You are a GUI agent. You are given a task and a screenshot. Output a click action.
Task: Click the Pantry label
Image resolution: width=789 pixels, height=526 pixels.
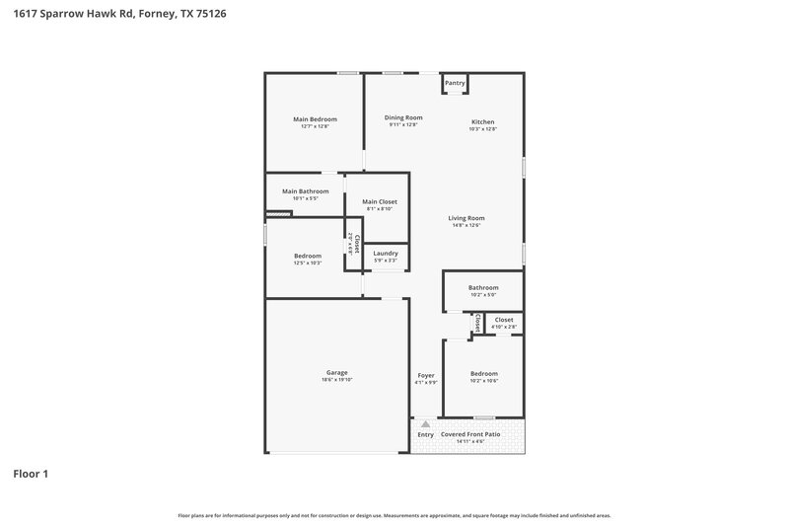click(455, 84)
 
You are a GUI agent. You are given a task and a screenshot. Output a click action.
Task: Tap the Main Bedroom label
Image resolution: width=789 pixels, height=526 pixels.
click(315, 119)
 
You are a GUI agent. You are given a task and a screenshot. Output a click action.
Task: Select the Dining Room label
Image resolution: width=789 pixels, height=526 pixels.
click(403, 117)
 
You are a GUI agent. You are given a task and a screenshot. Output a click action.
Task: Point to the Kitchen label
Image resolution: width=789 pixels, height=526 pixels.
click(482, 122)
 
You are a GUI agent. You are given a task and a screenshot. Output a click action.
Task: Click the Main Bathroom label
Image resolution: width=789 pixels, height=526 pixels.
click(305, 191)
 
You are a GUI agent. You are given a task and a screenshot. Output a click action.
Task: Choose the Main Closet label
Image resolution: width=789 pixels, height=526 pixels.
click(380, 201)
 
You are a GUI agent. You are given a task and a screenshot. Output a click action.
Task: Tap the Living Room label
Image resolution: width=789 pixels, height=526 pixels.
click(466, 218)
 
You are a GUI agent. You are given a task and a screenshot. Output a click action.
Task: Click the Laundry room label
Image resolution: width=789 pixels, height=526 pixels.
click(386, 254)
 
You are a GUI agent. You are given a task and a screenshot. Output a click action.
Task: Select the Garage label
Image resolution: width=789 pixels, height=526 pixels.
click(336, 373)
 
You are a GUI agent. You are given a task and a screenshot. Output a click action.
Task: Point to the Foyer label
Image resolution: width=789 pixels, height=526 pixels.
click(426, 375)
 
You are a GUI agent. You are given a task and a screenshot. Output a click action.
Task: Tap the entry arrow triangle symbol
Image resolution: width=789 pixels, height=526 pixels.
click(426, 423)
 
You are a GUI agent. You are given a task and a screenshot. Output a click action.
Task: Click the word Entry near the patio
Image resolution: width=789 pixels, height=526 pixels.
click(426, 435)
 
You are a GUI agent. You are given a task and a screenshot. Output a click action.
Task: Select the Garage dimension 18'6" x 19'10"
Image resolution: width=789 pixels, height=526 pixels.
click(336, 380)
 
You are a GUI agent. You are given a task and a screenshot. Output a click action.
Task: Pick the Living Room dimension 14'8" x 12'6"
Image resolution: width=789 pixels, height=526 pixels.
click(466, 225)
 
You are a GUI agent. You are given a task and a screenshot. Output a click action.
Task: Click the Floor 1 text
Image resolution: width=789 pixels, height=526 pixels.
click(31, 474)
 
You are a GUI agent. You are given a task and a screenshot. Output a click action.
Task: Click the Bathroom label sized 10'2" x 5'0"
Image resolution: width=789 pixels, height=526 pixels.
click(483, 288)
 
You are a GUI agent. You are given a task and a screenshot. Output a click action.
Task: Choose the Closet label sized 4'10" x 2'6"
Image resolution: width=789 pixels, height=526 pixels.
click(504, 320)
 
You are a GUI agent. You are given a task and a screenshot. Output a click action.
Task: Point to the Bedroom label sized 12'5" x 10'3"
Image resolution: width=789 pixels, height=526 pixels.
click(308, 256)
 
